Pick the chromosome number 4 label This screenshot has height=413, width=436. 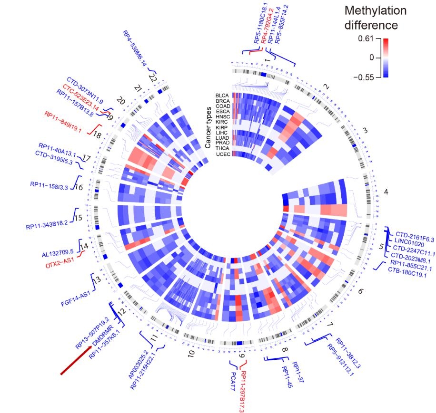[386, 192]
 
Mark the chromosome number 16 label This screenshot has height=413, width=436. [79, 187]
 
